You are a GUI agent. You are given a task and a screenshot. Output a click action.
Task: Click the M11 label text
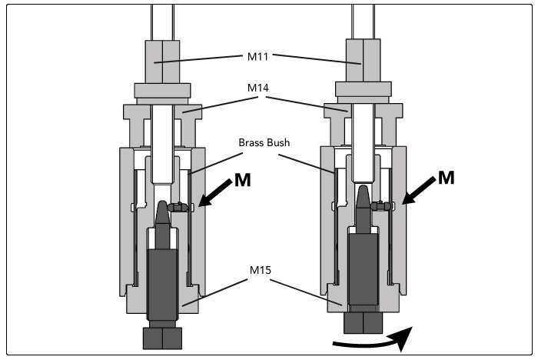click(x=258, y=57)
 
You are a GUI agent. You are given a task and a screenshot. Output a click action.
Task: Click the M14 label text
click(x=258, y=88)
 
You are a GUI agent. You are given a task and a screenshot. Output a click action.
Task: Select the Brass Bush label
click(x=264, y=142)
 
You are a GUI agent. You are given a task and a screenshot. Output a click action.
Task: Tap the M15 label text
click(x=261, y=270)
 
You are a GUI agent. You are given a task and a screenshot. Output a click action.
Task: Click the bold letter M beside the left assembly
click(x=243, y=180)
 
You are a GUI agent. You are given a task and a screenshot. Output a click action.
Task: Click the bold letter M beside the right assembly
click(x=447, y=178)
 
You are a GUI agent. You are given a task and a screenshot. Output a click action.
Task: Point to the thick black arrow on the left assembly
click(x=214, y=193)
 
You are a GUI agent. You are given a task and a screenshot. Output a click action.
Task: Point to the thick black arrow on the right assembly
click(x=419, y=191)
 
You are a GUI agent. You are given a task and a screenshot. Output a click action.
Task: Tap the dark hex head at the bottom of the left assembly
click(x=162, y=338)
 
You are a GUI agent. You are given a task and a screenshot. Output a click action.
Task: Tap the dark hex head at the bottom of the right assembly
click(x=363, y=322)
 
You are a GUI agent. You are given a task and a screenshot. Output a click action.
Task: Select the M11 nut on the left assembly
click(x=162, y=62)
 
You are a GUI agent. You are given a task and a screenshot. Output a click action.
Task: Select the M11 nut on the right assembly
click(x=363, y=60)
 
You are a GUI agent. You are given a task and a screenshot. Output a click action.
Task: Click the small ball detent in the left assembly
click(x=178, y=207)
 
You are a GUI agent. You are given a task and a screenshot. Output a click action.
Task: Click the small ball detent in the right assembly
click(x=380, y=205)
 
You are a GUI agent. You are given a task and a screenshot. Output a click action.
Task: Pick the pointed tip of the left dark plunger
click(x=163, y=202)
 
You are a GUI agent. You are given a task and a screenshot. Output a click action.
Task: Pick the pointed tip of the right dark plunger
click(x=363, y=187)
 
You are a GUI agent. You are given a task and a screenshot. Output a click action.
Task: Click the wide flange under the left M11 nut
click(x=162, y=91)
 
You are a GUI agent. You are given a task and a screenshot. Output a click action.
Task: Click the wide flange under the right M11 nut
click(x=363, y=89)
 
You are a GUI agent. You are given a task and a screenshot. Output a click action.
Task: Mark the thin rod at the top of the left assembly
click(x=163, y=22)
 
